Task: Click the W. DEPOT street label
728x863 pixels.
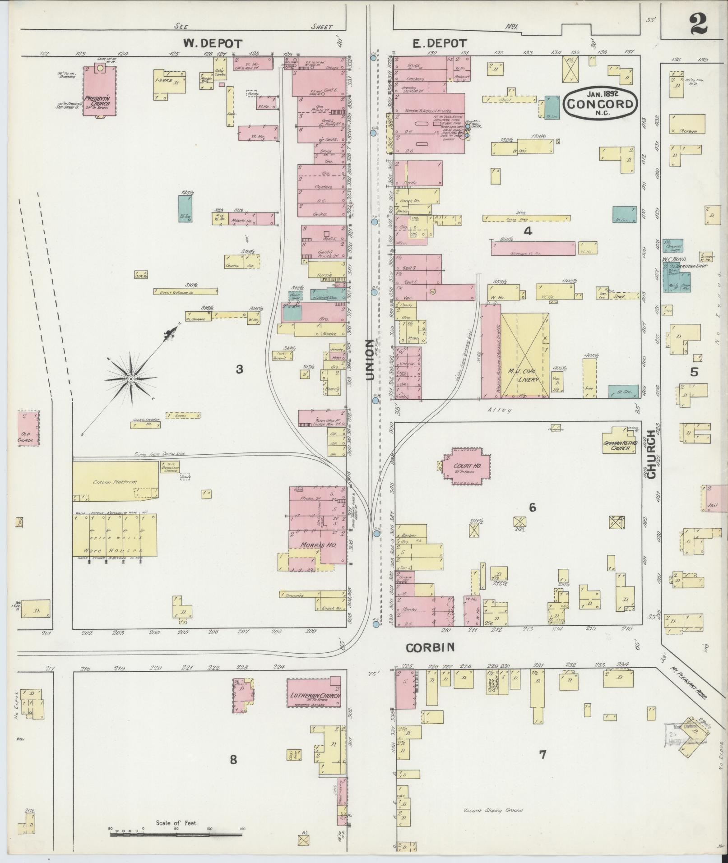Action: point(213,44)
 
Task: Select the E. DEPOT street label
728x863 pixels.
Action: point(440,43)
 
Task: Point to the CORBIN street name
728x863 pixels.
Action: point(430,648)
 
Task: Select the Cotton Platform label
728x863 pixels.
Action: point(114,482)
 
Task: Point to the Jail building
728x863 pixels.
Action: point(714,498)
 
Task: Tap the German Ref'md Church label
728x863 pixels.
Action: point(620,445)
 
